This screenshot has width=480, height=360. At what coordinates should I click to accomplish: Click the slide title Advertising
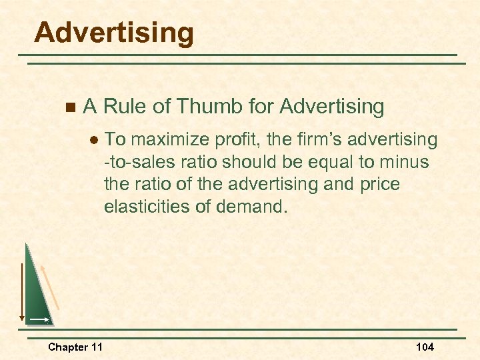coord(114,33)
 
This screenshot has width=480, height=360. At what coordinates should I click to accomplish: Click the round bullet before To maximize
coord(94,140)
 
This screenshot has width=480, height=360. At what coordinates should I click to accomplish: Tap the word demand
coord(254,206)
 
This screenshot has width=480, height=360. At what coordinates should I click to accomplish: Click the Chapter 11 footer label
coord(75,347)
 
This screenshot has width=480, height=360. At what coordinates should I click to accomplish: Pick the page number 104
coord(425,347)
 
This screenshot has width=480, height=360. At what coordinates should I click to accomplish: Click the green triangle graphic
coord(37,293)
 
